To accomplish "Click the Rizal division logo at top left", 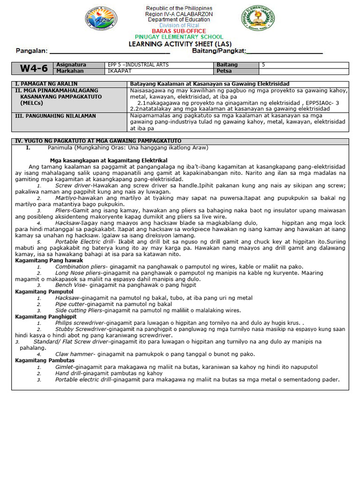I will [x=101, y=19].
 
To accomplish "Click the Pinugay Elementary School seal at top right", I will [x=258, y=20].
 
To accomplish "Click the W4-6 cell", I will [x=33, y=68].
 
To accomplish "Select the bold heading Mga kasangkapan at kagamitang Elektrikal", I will [x=108, y=160].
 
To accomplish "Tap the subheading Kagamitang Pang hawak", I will [x=49, y=260].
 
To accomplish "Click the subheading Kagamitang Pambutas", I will [x=45, y=360].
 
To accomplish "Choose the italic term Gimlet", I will [x=65, y=367].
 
